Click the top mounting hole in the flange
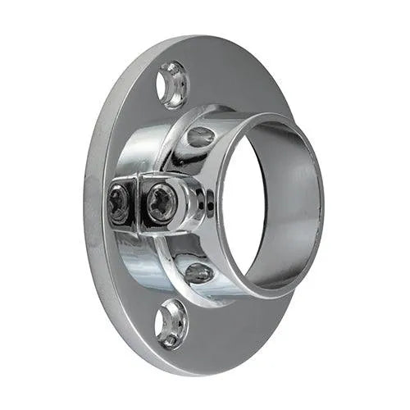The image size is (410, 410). coord(172,84)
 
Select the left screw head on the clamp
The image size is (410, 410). coord(120,203)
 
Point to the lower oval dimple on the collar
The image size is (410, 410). coord(199,272)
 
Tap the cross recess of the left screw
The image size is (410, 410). coord(120,203)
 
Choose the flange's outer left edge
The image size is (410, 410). coord(87,205)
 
